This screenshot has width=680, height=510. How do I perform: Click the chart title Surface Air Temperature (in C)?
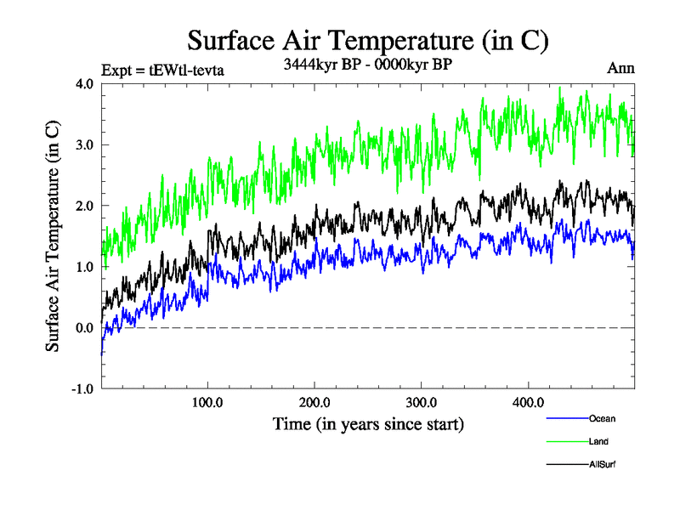(367, 40)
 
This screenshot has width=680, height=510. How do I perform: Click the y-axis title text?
(53, 235)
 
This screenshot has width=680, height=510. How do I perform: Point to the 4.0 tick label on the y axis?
(84, 84)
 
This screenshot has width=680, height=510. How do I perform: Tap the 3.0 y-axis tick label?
(84, 145)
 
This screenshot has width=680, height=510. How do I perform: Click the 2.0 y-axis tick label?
(84, 207)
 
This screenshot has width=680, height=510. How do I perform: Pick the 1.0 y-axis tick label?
(84, 267)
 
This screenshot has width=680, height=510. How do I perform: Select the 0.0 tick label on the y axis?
(84, 328)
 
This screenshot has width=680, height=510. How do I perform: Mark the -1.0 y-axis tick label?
(82, 389)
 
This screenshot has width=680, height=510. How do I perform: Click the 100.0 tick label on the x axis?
(208, 402)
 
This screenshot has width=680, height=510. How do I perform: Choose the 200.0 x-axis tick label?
(315, 402)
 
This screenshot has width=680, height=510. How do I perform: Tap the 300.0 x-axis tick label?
(422, 402)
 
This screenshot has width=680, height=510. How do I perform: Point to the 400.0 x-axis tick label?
(529, 402)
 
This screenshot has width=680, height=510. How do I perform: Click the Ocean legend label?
(602, 418)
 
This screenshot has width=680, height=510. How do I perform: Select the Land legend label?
(598, 441)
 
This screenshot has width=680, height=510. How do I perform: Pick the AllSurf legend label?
(603, 464)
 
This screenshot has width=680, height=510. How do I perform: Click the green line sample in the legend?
(564, 441)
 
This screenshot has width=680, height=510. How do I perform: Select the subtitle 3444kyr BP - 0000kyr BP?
(366, 62)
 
